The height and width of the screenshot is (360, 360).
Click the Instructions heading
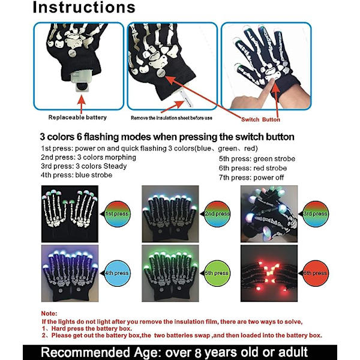click(x=84, y=7)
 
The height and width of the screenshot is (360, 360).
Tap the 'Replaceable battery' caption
click(x=77, y=118)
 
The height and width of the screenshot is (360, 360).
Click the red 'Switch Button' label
click(x=260, y=119)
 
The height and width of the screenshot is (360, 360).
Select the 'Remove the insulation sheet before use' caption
click(x=172, y=118)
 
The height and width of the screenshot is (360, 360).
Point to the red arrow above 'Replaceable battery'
click(x=81, y=104)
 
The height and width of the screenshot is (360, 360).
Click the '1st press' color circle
click(x=117, y=214)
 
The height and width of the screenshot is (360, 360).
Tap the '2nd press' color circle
click(x=217, y=214)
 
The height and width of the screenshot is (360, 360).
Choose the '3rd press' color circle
click(x=316, y=214)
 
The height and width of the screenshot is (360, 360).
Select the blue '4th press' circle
click(x=117, y=273)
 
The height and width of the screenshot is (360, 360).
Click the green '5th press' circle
click(x=217, y=273)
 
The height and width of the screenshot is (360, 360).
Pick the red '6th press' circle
click(x=316, y=273)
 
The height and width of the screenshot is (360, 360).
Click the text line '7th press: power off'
click(x=251, y=178)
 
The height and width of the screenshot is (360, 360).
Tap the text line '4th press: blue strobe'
click(x=76, y=175)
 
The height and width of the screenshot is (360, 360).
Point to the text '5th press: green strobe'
click(x=257, y=158)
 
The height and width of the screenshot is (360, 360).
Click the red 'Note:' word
click(x=49, y=313)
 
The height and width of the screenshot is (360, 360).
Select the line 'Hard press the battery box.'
click(x=92, y=328)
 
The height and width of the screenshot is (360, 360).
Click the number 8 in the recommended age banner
click(x=199, y=353)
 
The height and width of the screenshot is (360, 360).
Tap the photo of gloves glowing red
click(x=269, y=273)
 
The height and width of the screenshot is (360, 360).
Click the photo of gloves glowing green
click(x=170, y=273)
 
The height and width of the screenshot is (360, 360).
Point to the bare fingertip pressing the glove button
click(x=272, y=81)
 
